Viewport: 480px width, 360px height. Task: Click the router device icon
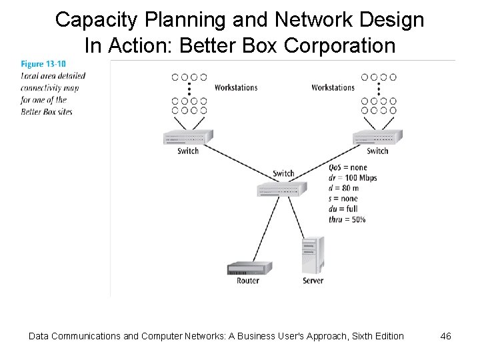pyautogui.click(x=249, y=269)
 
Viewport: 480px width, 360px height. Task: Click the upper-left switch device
pyautogui.click(x=187, y=137)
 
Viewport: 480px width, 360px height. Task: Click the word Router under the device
pyautogui.click(x=248, y=281)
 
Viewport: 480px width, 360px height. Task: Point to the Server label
pyautogui.click(x=313, y=281)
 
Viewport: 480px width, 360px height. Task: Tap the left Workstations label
pyautogui.click(x=236, y=87)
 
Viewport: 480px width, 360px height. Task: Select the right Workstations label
pyautogui.click(x=333, y=87)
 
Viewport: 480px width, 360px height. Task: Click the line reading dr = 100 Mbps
pyautogui.click(x=353, y=177)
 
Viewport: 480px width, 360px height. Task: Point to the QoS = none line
pyautogui.click(x=348, y=167)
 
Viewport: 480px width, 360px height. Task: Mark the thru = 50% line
pyautogui.click(x=347, y=219)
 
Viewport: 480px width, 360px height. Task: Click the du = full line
pyautogui.click(x=343, y=209)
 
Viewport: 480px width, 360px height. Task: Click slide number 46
pyautogui.click(x=445, y=336)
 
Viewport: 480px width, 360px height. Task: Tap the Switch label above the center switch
pyautogui.click(x=283, y=173)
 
